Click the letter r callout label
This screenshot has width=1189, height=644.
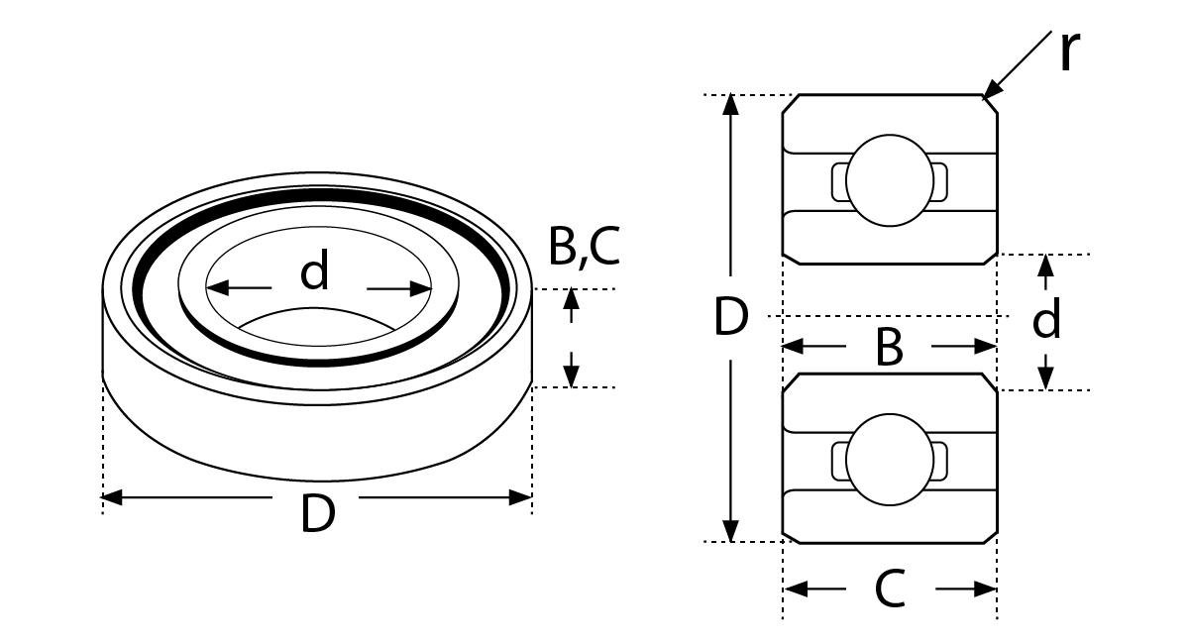click(x=1069, y=51)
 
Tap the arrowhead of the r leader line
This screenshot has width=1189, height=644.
click(x=992, y=90)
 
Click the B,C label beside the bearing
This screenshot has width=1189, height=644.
click(x=584, y=247)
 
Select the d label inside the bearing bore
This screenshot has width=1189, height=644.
click(x=315, y=270)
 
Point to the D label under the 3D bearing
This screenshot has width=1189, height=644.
click(x=318, y=513)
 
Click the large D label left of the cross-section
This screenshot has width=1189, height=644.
click(x=731, y=316)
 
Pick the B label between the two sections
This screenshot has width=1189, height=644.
click(x=889, y=347)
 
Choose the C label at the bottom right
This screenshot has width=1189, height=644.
click(x=890, y=589)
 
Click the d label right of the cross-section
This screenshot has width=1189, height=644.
click(x=1046, y=318)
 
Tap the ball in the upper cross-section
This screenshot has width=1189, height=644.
click(x=890, y=180)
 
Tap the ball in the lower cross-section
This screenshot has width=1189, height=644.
click(x=890, y=460)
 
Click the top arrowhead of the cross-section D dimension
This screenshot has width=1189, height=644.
click(x=731, y=105)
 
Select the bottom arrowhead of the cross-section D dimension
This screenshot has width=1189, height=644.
click(x=731, y=531)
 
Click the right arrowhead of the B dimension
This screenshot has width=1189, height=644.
click(x=985, y=347)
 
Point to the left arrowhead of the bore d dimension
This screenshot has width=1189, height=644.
click(x=217, y=288)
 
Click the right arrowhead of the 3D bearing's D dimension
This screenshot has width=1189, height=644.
click(x=520, y=497)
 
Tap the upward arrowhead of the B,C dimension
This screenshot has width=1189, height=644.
click(x=571, y=299)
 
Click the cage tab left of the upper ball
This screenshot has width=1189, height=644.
click(x=839, y=182)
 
